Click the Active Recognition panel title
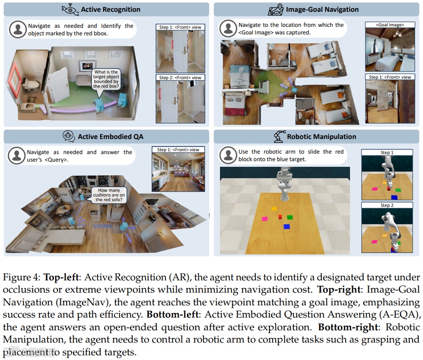click(x=111, y=9)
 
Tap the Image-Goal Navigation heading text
click(x=322, y=9)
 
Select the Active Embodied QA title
click(x=111, y=137)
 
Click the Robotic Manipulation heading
click(x=322, y=137)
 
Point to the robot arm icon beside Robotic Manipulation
click(x=279, y=136)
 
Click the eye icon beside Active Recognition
click(x=70, y=10)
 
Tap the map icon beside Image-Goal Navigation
click(x=276, y=10)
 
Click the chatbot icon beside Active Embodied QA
click(x=68, y=136)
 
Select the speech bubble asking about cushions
click(x=109, y=195)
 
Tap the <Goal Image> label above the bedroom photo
click(x=390, y=25)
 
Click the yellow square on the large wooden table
click(x=274, y=209)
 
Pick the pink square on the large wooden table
click(x=265, y=219)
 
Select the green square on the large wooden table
click(x=290, y=217)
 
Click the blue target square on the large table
click(x=286, y=227)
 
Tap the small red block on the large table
click(x=280, y=217)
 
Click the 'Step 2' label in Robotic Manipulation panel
click(x=387, y=205)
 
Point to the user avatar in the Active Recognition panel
click(x=18, y=29)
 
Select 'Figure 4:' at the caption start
click(x=22, y=278)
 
